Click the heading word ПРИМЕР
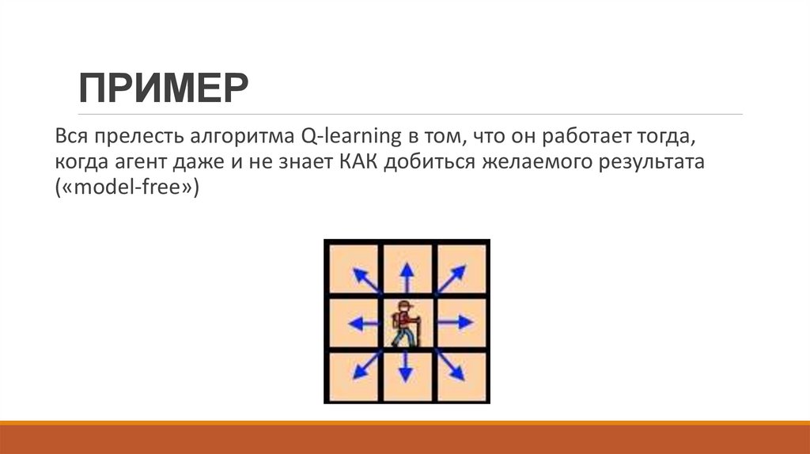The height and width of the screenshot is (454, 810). [163, 89]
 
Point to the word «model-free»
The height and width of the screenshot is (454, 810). [127, 191]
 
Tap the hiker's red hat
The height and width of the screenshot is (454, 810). [404, 306]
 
